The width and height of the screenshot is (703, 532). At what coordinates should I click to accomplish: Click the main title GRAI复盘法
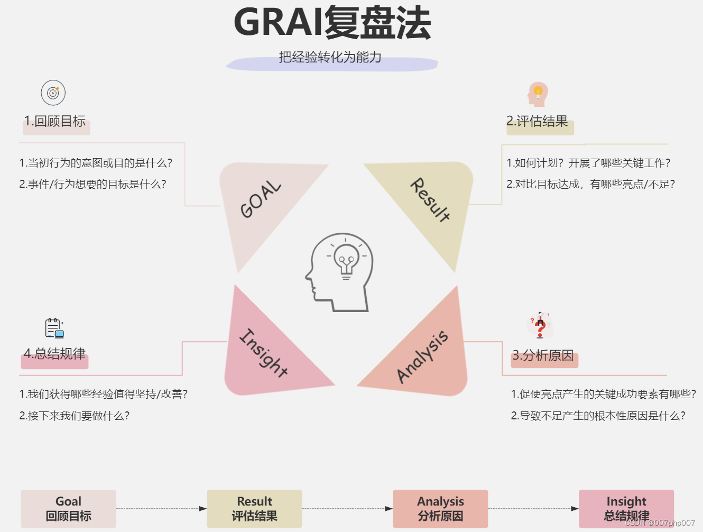(x=332, y=23)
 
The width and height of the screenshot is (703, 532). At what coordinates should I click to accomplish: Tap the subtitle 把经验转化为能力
(x=330, y=57)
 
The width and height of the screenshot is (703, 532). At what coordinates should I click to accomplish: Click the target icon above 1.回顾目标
(x=53, y=93)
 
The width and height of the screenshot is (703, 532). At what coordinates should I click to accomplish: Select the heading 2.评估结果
(x=537, y=122)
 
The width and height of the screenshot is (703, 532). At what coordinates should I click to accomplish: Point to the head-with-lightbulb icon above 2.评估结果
(x=538, y=94)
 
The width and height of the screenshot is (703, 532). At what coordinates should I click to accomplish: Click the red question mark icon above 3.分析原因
(x=540, y=325)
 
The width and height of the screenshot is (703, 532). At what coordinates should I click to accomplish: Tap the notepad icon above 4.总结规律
(x=54, y=328)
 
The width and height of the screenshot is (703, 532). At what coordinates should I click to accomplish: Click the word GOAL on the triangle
(x=260, y=198)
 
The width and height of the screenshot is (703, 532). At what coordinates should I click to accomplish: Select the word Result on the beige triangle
(x=430, y=199)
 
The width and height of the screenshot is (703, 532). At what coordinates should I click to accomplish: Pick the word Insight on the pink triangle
(x=264, y=353)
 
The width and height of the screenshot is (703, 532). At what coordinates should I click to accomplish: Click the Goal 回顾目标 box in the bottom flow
(x=69, y=509)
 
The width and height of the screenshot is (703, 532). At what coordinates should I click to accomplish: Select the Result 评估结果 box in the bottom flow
(x=254, y=509)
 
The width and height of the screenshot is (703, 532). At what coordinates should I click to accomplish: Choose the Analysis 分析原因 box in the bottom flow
(x=440, y=509)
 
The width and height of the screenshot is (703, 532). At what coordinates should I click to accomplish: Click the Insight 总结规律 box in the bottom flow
(x=626, y=509)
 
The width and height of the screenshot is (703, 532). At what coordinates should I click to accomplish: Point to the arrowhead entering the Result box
(x=203, y=509)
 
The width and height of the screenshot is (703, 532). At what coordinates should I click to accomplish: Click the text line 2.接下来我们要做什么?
(x=75, y=416)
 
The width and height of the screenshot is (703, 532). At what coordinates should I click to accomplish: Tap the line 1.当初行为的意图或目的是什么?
(x=96, y=163)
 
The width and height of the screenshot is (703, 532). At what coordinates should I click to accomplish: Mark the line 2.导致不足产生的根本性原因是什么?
(x=598, y=416)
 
